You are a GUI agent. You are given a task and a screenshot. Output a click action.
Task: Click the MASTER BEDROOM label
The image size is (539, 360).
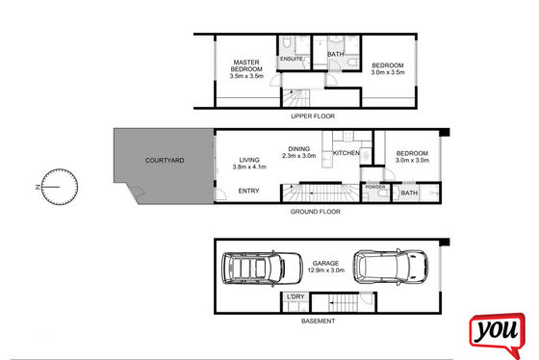point(246,65)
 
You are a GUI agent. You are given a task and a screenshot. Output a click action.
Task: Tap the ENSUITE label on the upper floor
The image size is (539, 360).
point(292,59)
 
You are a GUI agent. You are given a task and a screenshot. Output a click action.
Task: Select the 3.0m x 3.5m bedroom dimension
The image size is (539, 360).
point(388,72)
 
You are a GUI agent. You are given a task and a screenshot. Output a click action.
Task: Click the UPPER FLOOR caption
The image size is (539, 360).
point(313,116)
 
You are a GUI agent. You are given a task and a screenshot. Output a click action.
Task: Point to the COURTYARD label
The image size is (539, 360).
point(165,160)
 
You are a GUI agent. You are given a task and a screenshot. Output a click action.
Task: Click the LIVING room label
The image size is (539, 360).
point(249,160)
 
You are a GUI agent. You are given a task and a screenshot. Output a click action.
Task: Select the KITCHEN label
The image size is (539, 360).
point(346,153)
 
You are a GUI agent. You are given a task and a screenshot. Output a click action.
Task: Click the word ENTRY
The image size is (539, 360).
point(249,191)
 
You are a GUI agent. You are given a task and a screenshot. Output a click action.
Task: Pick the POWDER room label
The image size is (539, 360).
point(375,187)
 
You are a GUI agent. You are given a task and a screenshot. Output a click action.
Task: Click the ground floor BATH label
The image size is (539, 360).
point(409,193)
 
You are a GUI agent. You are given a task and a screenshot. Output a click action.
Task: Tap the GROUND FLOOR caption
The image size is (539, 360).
point(316,212)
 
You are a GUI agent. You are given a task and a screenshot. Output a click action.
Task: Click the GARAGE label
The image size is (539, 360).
point(325,264)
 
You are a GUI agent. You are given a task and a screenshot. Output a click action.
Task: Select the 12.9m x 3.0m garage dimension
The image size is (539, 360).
point(326,270)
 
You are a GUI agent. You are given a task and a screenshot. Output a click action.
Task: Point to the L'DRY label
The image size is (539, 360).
point(295,296)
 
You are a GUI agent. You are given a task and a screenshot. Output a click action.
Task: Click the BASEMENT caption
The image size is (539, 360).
point(318,321)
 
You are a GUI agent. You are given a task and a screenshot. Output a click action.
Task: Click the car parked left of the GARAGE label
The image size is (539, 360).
point(262,269)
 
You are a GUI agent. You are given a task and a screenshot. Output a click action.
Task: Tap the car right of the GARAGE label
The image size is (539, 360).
point(391,267)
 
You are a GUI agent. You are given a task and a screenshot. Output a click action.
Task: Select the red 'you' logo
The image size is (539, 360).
point(498,334)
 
